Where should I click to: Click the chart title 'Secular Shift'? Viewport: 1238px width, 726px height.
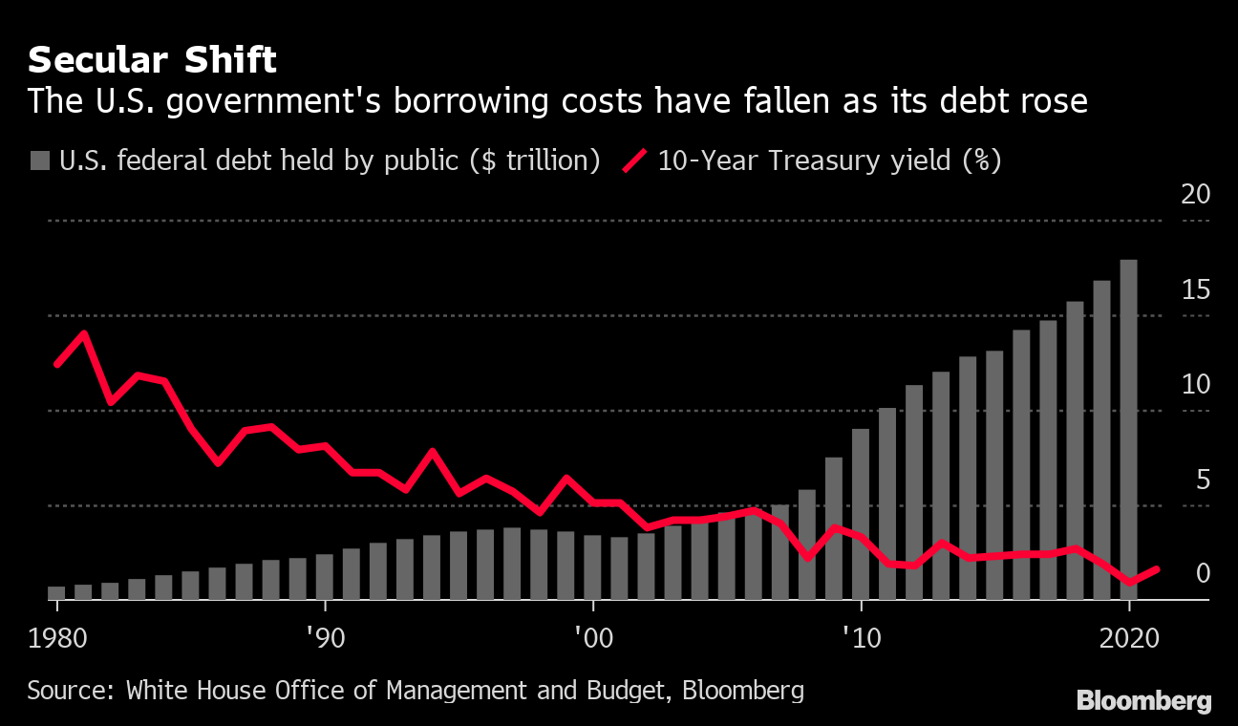(152, 61)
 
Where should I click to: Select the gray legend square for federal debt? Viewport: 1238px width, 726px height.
(39, 160)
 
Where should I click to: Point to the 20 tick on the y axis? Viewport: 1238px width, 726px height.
(1196, 195)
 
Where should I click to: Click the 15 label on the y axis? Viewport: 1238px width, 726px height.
(1196, 290)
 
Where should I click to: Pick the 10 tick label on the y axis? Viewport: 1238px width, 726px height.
(1196, 385)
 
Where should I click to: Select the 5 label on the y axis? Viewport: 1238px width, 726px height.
(1202, 480)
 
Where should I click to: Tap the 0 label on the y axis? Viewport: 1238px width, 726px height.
(1202, 573)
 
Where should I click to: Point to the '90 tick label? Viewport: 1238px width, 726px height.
(326, 634)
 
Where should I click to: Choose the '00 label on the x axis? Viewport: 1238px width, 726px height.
(593, 634)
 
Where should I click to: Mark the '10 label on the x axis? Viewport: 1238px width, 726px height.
(862, 634)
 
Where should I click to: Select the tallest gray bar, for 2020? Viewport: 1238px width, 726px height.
(1128, 430)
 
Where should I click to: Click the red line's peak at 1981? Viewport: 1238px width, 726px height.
(84, 333)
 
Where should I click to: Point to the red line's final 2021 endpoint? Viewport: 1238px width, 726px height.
(1157, 569)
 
